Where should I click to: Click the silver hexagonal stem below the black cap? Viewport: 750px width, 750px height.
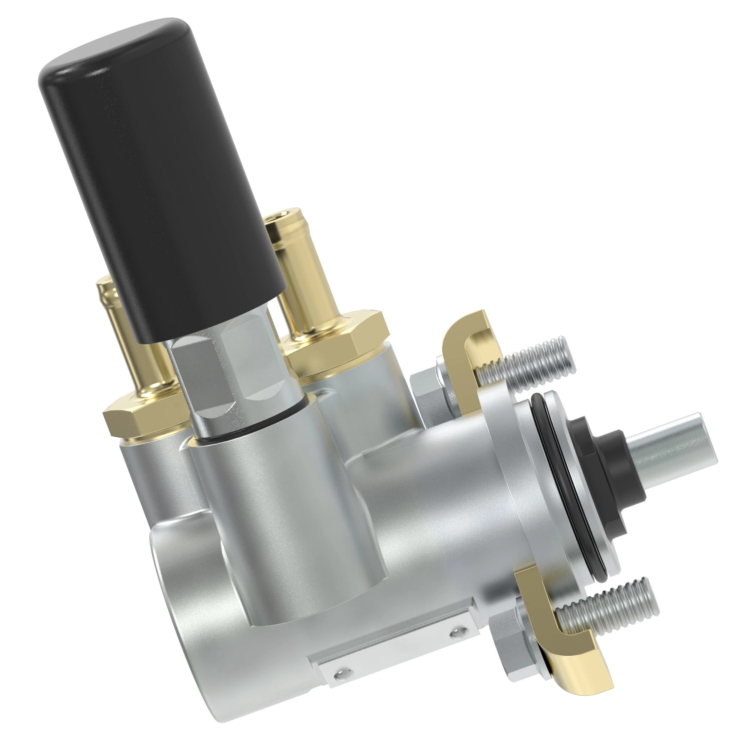tap(225, 373)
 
